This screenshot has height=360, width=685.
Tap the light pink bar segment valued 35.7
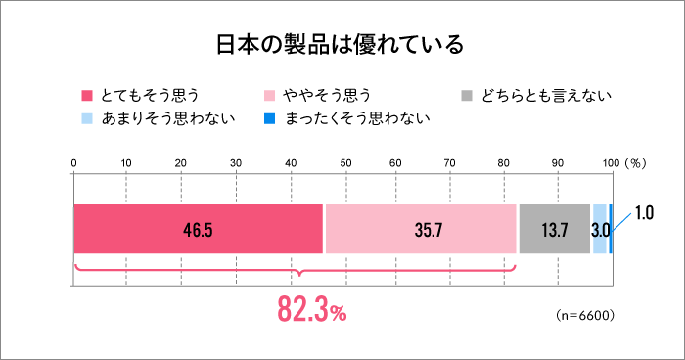point(421,230)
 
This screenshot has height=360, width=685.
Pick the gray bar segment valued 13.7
point(554,230)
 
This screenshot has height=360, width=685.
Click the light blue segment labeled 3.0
point(600,230)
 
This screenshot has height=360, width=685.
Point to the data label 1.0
point(644,212)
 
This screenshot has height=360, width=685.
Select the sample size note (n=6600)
point(584,315)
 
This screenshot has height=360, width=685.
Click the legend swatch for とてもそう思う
point(86,95)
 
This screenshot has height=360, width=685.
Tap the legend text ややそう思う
point(327,95)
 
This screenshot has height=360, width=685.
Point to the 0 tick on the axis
point(73,161)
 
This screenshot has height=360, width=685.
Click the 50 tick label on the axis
point(342,161)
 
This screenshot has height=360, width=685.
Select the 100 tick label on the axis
point(610,161)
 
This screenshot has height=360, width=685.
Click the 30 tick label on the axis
point(234,161)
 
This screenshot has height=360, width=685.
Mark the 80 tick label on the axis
point(503,161)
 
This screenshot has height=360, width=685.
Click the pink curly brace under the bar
point(295,273)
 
